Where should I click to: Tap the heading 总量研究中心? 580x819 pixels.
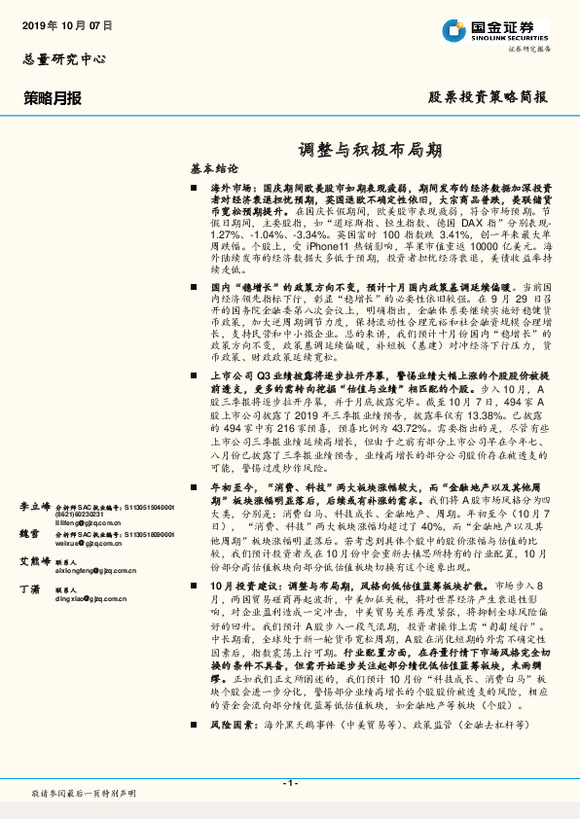63,58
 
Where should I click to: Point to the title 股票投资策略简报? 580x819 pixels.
488,97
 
